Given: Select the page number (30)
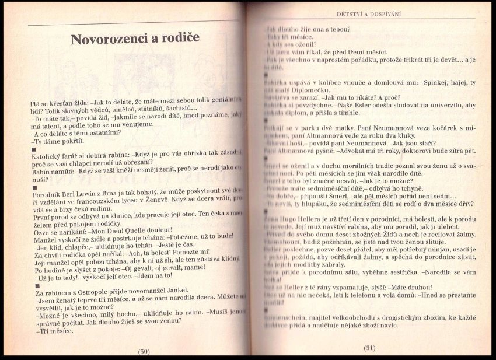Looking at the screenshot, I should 144,351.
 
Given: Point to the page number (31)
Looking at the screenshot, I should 369,348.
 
